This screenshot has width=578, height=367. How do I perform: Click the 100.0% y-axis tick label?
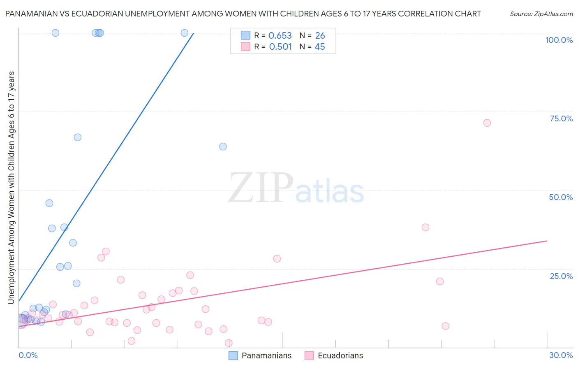click(x=559, y=40)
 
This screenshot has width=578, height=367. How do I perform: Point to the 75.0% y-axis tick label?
click(x=561, y=118)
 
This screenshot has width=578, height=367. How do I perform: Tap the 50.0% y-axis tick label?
click(x=561, y=197)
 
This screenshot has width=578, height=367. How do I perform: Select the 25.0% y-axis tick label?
click(x=561, y=276)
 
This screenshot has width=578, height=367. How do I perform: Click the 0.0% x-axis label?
click(x=28, y=355)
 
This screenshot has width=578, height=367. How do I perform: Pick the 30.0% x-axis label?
click(x=561, y=355)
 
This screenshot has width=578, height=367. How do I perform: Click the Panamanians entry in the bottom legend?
click(x=266, y=355)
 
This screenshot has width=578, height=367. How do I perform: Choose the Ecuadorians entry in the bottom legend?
click(x=340, y=355)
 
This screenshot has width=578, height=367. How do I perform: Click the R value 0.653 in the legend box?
click(x=280, y=36)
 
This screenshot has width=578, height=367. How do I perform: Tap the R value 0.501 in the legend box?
click(x=280, y=47)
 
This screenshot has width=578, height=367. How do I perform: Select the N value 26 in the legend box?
click(x=320, y=36)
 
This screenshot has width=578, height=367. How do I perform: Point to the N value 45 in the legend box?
click(x=319, y=47)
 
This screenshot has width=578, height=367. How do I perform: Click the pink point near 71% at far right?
click(x=487, y=123)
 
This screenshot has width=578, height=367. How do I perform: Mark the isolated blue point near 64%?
click(x=223, y=146)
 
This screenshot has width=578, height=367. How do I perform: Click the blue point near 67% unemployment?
click(x=77, y=137)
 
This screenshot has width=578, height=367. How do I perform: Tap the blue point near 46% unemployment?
click(x=49, y=203)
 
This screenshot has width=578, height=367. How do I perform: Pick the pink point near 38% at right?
click(x=425, y=227)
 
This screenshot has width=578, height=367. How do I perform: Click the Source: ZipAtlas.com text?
click(x=541, y=14)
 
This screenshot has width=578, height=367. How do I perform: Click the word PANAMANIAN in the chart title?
click(x=32, y=14)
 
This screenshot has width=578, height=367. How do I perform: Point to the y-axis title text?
click(x=12, y=188)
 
